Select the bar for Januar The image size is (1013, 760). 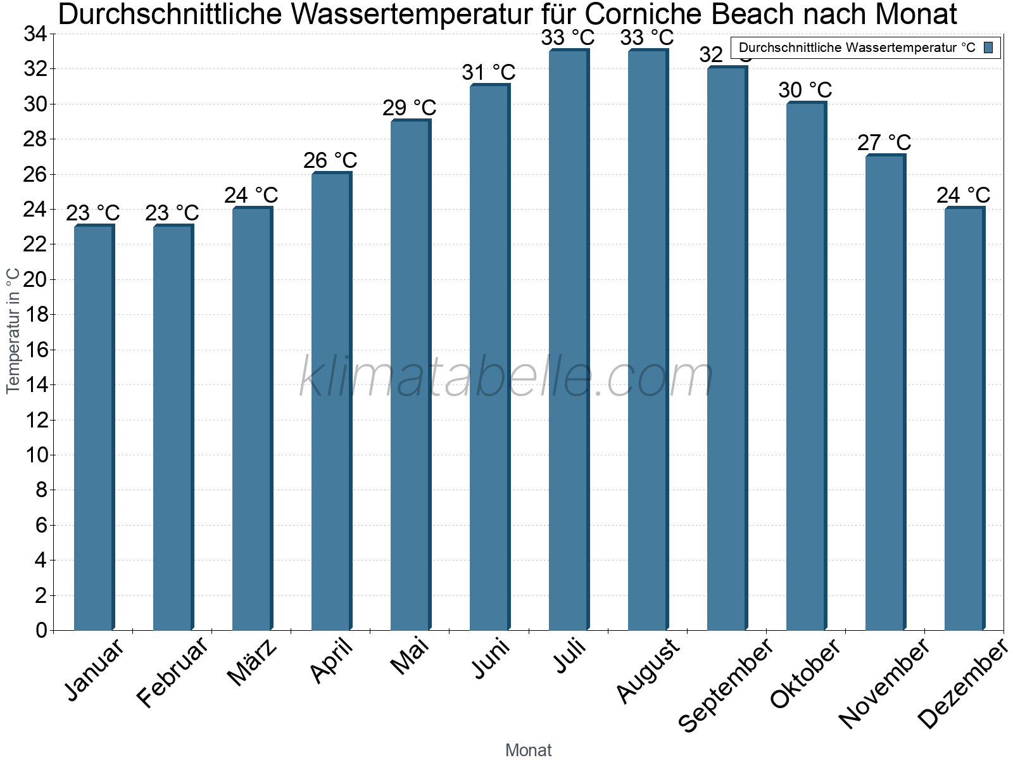tap(94, 427)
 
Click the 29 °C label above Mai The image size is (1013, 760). tap(410, 108)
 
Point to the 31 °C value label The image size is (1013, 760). tap(489, 73)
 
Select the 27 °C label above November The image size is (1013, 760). tap(884, 142)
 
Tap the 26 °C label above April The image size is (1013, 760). tap(330, 160)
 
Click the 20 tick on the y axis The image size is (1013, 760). tap(35, 279)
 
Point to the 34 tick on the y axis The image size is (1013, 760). tap(35, 34)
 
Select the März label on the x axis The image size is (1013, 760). tap(252, 662)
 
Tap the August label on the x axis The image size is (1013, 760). tap(647, 671)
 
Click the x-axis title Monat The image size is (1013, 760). tap(529, 750)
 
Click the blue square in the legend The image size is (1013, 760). tap(988, 47)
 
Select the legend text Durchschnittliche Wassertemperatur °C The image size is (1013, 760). tap(857, 47)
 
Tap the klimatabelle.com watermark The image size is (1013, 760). tap(506, 377)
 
